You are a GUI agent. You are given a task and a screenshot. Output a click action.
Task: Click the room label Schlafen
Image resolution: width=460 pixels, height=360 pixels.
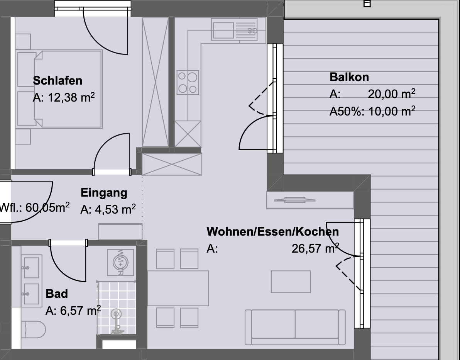coord(57,81)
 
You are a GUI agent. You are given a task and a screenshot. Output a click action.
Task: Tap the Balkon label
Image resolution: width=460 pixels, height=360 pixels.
coord(349,77)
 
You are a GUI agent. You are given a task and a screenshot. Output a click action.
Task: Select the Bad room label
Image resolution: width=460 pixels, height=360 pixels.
coord(57,294)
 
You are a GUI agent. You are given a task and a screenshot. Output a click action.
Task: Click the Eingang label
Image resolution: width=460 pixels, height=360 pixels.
coord(104,193)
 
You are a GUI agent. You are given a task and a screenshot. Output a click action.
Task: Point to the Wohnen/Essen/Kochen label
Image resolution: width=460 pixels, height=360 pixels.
coord(272,232)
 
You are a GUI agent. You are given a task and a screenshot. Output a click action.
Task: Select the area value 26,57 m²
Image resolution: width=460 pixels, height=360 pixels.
coord(315,248)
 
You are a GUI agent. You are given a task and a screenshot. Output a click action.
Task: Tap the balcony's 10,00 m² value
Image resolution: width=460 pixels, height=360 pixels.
coord(392,111)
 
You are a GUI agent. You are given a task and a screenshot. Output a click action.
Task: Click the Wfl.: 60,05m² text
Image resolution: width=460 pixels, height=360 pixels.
coord(35,207)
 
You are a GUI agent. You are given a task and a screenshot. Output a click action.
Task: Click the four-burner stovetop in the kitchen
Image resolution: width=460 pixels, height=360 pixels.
coord(188,83)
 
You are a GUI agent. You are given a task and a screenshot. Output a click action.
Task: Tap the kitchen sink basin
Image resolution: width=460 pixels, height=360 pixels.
coord(223,30)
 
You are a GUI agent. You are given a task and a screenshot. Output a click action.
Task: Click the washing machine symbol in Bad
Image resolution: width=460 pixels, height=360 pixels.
coord(120,263)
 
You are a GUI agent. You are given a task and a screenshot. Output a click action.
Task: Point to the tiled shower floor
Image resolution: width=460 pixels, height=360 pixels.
coord(117,308)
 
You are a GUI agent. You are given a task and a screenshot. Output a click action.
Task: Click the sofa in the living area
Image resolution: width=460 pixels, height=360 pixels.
coord(295,327)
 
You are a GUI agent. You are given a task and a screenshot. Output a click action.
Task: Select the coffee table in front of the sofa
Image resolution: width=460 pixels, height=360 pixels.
coord(291,282)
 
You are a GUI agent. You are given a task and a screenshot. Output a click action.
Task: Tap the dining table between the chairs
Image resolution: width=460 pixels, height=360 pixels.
coord(178,289)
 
